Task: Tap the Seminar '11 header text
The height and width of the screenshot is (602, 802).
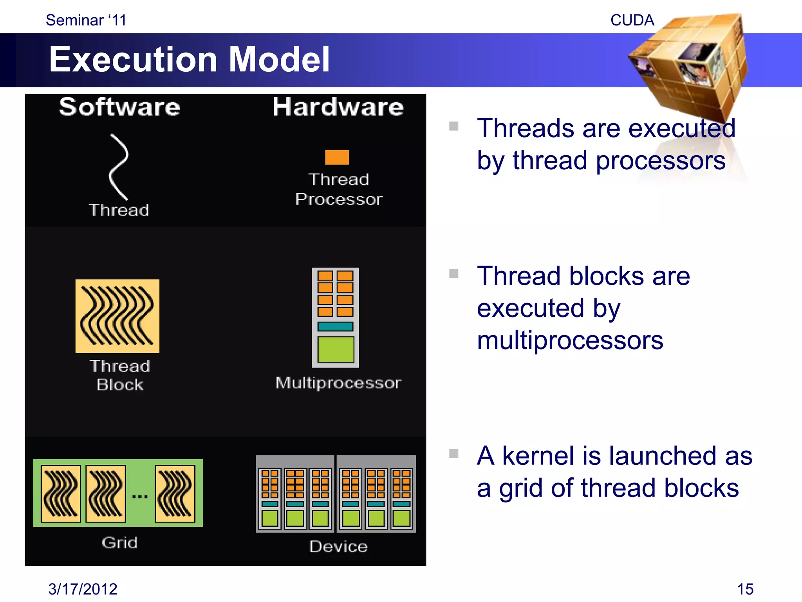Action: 86,20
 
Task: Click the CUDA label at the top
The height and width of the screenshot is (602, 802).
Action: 632,20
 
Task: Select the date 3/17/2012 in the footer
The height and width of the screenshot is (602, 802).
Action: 83,589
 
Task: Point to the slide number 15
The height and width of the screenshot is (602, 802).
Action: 745,589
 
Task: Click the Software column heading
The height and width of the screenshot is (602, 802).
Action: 119,107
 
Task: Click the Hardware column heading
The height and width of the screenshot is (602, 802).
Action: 338,107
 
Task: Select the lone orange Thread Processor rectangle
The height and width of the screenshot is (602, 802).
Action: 337,157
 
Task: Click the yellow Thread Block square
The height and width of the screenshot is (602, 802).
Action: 117,316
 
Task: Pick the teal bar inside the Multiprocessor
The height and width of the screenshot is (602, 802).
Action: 335,326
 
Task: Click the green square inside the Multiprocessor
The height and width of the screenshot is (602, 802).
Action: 336,349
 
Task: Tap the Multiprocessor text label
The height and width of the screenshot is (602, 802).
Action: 338,383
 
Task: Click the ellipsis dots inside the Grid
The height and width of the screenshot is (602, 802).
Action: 140,497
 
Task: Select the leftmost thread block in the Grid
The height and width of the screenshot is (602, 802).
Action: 61,493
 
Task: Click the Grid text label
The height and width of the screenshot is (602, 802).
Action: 119,543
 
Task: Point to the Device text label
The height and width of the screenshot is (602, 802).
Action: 338,547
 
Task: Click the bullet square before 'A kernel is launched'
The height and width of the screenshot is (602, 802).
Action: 454,454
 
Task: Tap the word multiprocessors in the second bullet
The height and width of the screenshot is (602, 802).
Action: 570,340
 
